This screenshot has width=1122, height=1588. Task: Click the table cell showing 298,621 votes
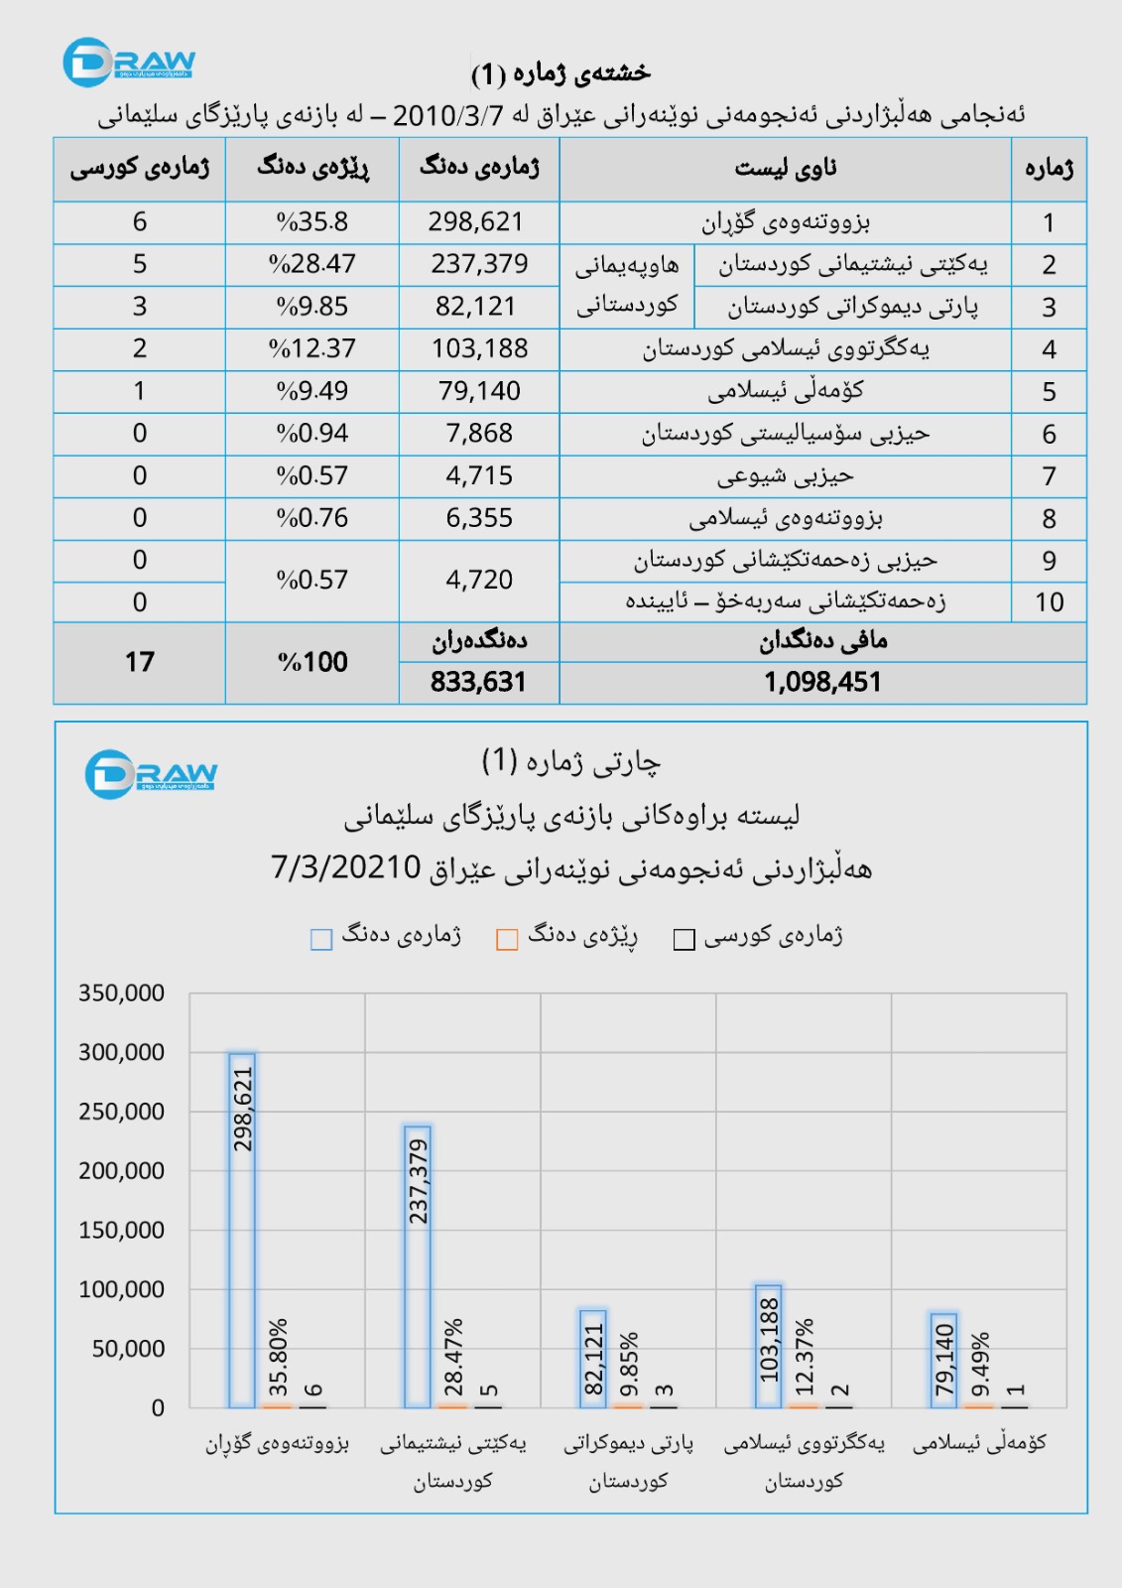point(476,222)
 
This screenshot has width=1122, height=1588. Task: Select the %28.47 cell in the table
point(312,264)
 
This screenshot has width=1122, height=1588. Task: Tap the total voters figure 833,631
point(478,683)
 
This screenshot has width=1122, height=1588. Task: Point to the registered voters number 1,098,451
point(822,683)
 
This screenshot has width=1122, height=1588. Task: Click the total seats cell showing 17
point(140,662)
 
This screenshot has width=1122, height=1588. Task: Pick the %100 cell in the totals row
point(312,662)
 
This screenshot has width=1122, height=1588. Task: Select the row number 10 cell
point(1049,602)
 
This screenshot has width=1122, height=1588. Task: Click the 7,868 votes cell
point(479,434)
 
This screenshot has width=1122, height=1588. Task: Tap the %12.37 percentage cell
point(312,348)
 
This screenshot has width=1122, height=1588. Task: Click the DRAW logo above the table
point(129,63)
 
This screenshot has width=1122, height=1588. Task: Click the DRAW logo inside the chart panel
point(151,774)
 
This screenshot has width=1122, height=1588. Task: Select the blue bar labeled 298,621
point(242,1231)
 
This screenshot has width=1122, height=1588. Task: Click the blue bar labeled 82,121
point(593,1359)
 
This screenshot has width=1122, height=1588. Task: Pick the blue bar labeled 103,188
point(769,1347)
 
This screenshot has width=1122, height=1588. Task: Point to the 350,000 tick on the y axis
point(121,993)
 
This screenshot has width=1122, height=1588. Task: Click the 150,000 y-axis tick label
point(121,1231)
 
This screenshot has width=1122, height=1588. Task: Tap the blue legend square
point(321,940)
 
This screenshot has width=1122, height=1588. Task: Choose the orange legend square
point(507,940)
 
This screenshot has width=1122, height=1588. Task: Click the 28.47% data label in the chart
point(453,1357)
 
